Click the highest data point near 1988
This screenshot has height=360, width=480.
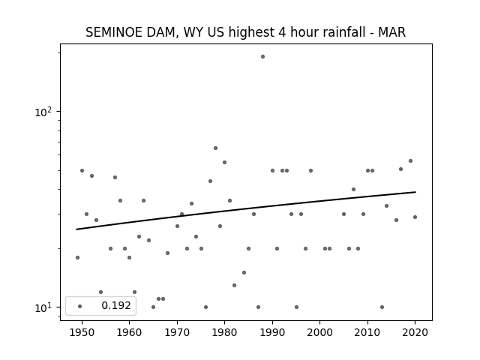point(262,57)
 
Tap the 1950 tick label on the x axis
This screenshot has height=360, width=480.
point(82,332)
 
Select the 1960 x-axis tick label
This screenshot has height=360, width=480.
point(129,332)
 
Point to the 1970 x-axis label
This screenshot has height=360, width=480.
point(177,332)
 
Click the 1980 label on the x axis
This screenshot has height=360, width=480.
point(224,332)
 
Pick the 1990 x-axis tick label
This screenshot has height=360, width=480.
point(272,332)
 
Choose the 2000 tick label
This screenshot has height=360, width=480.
point(319,332)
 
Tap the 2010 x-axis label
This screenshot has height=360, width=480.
point(367,332)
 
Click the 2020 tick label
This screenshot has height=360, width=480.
point(415,332)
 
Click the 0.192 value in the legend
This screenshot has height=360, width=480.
point(116,305)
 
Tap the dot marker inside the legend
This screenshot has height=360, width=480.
point(80,306)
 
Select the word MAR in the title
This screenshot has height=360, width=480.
point(391,32)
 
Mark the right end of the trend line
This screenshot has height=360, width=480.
point(415,192)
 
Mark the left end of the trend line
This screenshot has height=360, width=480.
point(76,229)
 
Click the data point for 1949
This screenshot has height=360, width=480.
point(77,257)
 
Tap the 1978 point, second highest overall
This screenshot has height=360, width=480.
point(215,148)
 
